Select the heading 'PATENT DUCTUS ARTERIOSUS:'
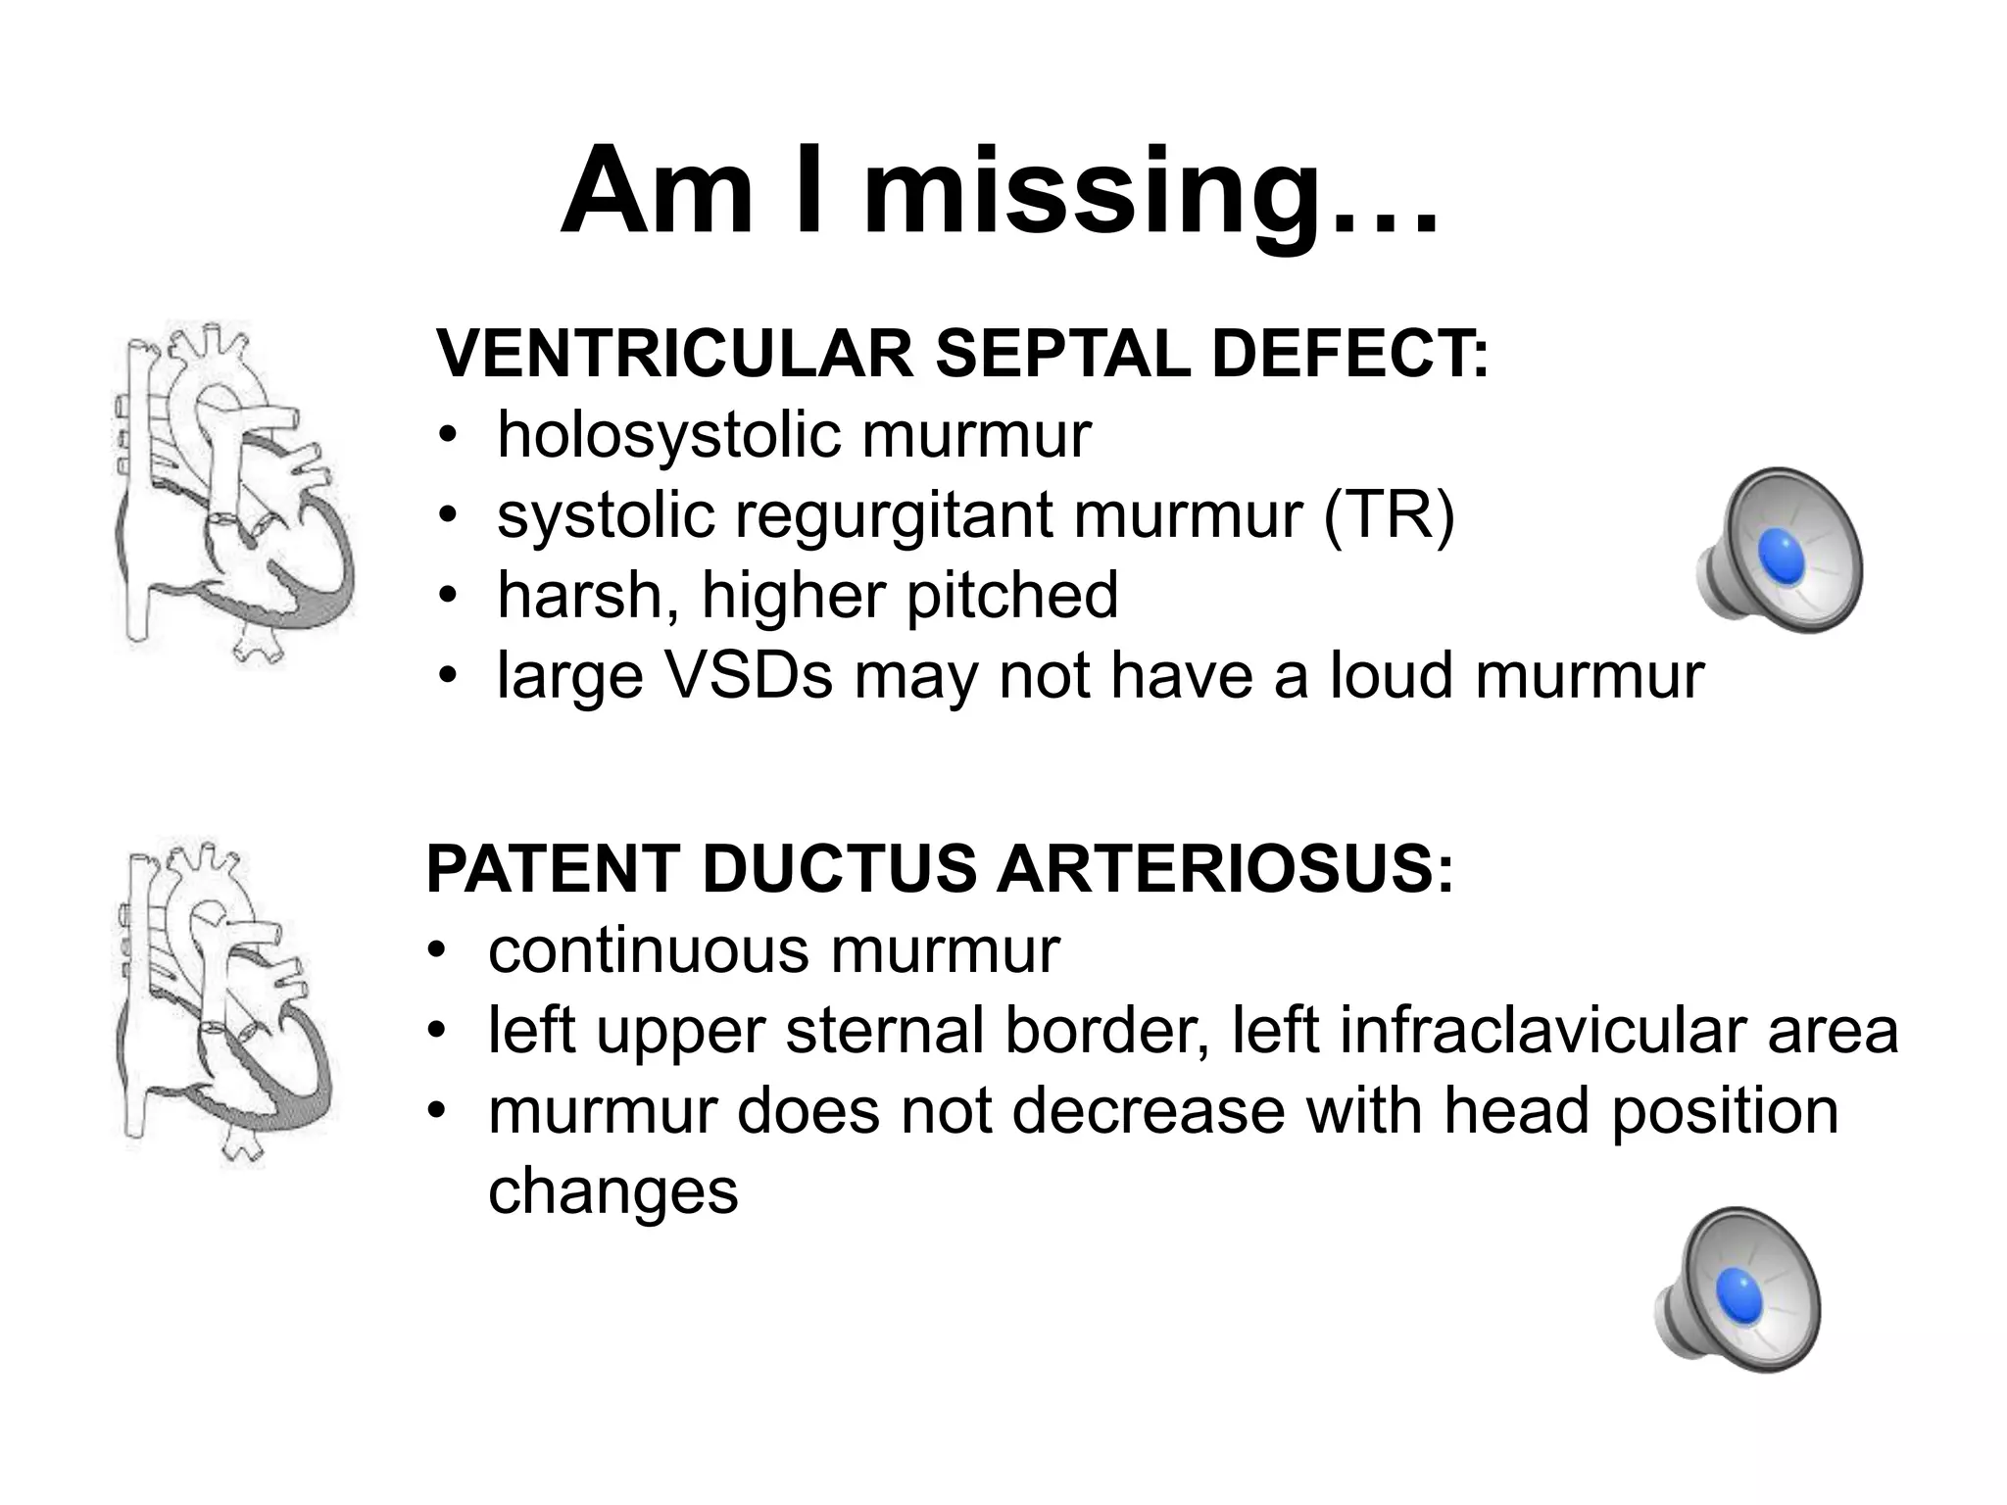940,869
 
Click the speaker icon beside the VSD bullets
1779,550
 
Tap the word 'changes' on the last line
612,1191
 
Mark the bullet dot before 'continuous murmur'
437,952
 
